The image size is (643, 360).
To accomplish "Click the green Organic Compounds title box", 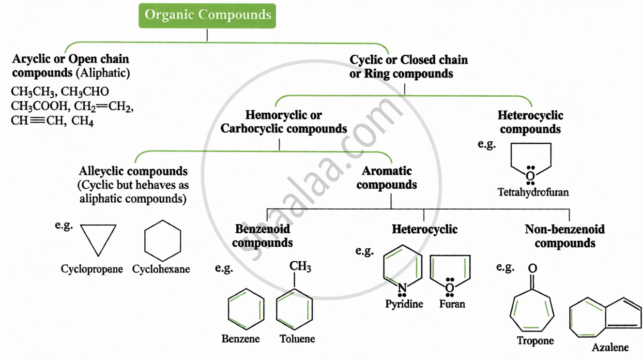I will pos(208,15).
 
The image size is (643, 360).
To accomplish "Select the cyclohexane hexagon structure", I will pos(163,241).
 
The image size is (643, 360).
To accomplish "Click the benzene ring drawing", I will pos(246,309).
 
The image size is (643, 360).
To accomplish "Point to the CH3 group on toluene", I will pos(300,267).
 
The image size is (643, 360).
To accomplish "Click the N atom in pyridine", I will pos(402,289).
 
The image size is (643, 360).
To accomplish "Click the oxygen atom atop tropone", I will pos(533,269).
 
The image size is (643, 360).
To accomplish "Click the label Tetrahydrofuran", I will pos(533,193).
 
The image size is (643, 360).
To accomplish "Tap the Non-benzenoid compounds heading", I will pos(565,236).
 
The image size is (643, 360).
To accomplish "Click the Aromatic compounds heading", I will pos(386,178).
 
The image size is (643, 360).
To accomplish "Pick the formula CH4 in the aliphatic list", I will pos(83,121).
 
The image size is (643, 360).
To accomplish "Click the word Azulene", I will pos(610,347).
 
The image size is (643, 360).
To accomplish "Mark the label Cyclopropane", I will pos(92,269).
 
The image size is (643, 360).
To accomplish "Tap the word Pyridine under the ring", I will pos(404,304).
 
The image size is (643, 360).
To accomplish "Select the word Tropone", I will pos(535,341).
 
